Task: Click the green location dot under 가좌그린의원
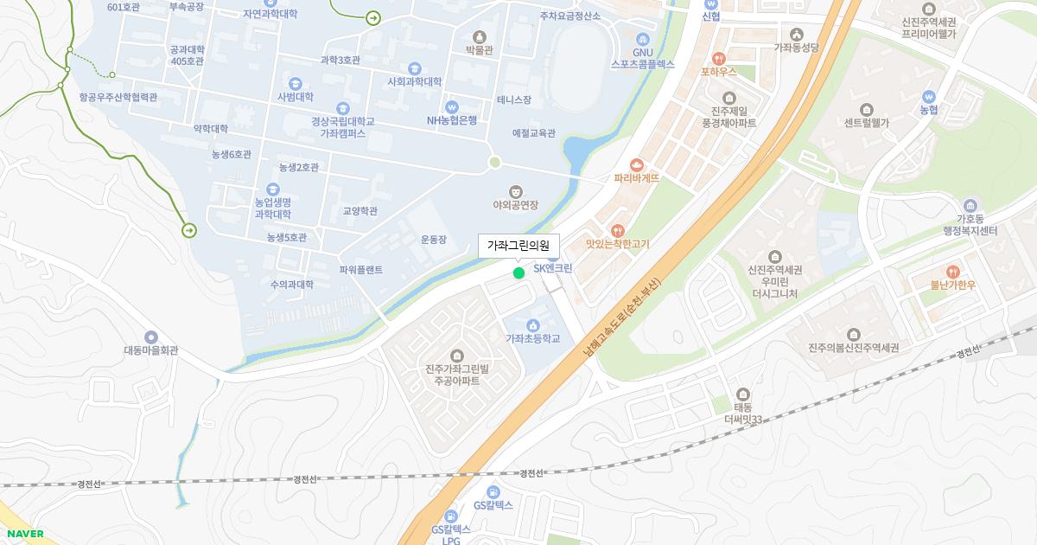pos(518,273)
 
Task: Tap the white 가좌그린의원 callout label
pos(518,246)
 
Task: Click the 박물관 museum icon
pos(480,36)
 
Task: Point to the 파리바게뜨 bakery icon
pos(637,164)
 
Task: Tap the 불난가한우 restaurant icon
pos(953,272)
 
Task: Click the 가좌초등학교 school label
pos(532,338)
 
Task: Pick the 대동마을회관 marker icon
pos(151,337)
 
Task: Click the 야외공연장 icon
pos(516,191)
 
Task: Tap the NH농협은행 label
pos(451,120)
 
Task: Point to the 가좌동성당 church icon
pos(796,34)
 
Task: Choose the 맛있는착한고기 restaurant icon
pos(617,231)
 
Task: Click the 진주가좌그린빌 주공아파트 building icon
pos(457,356)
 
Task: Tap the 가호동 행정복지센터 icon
pos(970,205)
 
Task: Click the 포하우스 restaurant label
pos(718,72)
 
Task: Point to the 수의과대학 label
pos(291,285)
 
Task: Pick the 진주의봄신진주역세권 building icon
pos(854,334)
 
